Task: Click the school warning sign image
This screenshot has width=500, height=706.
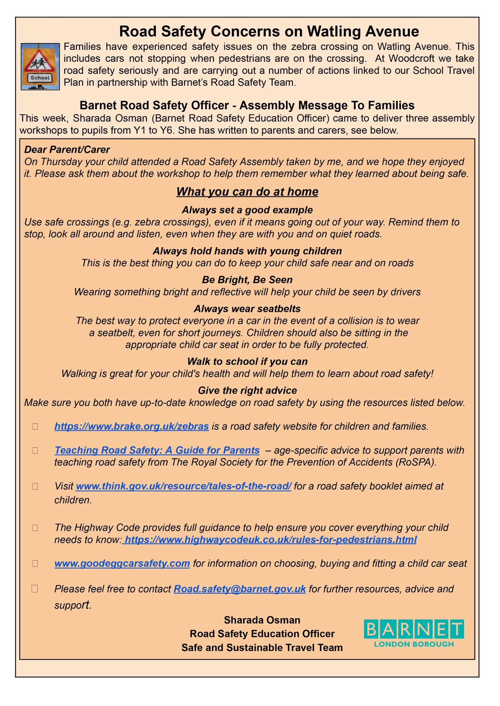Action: click(x=40, y=66)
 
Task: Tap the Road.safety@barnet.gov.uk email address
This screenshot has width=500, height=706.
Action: click(x=240, y=589)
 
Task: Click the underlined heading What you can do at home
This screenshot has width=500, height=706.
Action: click(x=247, y=192)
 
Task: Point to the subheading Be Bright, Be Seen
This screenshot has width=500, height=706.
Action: click(x=247, y=280)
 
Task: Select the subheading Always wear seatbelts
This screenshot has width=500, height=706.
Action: click(x=247, y=309)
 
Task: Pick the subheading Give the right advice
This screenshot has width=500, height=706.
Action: click(x=247, y=391)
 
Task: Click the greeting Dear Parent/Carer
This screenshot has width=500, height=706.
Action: click(x=67, y=149)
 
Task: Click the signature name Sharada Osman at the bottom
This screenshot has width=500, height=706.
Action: click(x=262, y=620)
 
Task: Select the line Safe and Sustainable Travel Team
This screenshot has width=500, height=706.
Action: click(x=262, y=648)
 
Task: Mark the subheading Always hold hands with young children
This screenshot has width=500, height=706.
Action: click(x=247, y=251)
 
